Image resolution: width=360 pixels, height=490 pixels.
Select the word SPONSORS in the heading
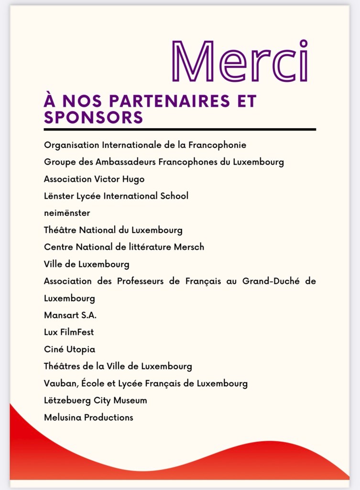[93, 117]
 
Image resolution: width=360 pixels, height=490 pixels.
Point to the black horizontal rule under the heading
[180, 129]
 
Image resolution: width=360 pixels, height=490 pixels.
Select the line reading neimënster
[67, 213]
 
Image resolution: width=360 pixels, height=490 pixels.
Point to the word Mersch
[188, 247]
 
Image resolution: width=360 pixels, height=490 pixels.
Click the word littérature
[142, 247]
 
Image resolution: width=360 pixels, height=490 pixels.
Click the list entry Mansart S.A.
[70, 315]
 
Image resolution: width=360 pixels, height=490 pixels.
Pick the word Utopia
[79, 349]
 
